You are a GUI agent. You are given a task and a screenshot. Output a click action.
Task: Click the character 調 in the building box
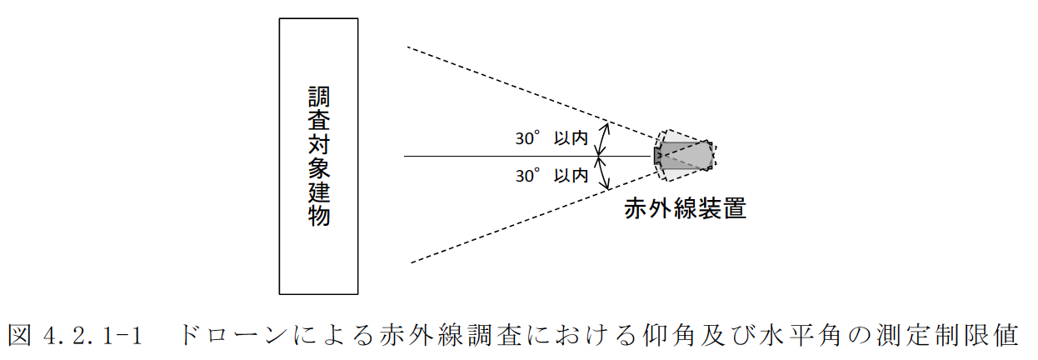pyautogui.click(x=318, y=96)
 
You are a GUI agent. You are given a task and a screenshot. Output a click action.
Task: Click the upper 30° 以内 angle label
pyautogui.click(x=551, y=139)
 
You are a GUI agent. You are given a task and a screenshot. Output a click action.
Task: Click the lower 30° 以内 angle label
pyautogui.click(x=551, y=176)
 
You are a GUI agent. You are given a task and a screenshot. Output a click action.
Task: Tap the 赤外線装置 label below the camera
pyautogui.click(x=685, y=208)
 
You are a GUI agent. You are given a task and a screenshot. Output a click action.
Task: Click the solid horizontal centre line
pyautogui.click(x=500, y=156)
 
